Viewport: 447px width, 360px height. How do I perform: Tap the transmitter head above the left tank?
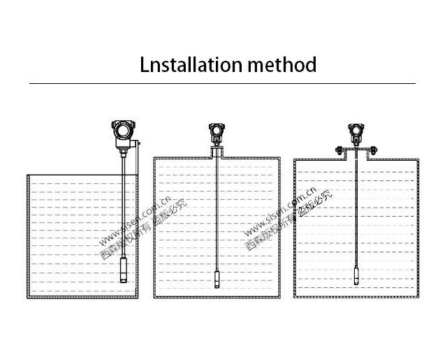point(124,131)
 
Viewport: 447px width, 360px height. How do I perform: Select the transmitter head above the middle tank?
point(216,131)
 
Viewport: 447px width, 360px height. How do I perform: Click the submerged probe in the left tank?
point(124,268)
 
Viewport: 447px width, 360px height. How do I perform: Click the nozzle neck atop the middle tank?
point(216,152)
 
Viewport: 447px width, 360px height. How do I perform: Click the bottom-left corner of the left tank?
point(28,298)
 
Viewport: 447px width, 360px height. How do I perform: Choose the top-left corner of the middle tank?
point(154,158)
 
